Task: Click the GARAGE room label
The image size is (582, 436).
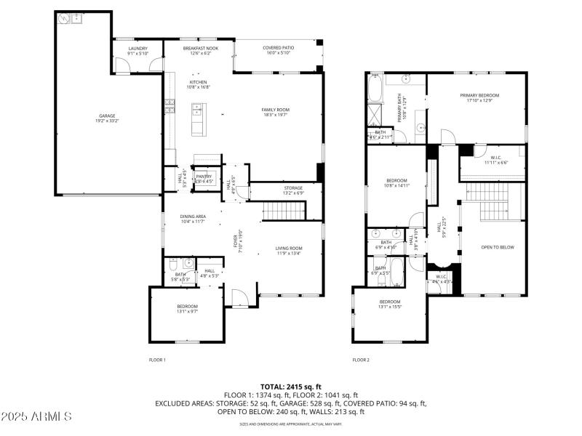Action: coord(107,116)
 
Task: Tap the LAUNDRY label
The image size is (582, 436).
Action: coord(137,48)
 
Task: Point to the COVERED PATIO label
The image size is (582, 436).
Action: coord(276,48)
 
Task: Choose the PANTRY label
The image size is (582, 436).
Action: coord(204,176)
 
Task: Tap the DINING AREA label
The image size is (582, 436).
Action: coord(193,216)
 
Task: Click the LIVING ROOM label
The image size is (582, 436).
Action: coord(289,248)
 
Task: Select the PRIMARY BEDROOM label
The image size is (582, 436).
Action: coord(479,95)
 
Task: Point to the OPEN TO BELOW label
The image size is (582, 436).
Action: coord(498,247)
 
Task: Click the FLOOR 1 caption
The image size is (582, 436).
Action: coord(157,360)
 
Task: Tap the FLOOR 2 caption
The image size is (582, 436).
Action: coord(361,360)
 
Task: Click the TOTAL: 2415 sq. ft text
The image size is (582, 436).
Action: coord(291,387)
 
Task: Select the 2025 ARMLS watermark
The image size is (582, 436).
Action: coord(36,416)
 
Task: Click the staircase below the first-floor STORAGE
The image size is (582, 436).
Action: coord(283,211)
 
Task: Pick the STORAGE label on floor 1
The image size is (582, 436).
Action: coord(292,187)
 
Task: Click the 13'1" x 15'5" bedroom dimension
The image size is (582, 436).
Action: coord(389,307)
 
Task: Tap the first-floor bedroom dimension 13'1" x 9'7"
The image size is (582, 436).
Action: coord(187,312)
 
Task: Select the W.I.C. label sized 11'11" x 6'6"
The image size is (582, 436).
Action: coord(495,163)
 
